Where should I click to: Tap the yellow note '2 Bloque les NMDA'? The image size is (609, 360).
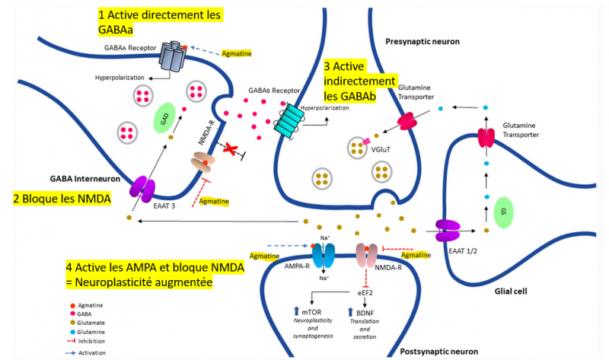[x=62, y=200]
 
